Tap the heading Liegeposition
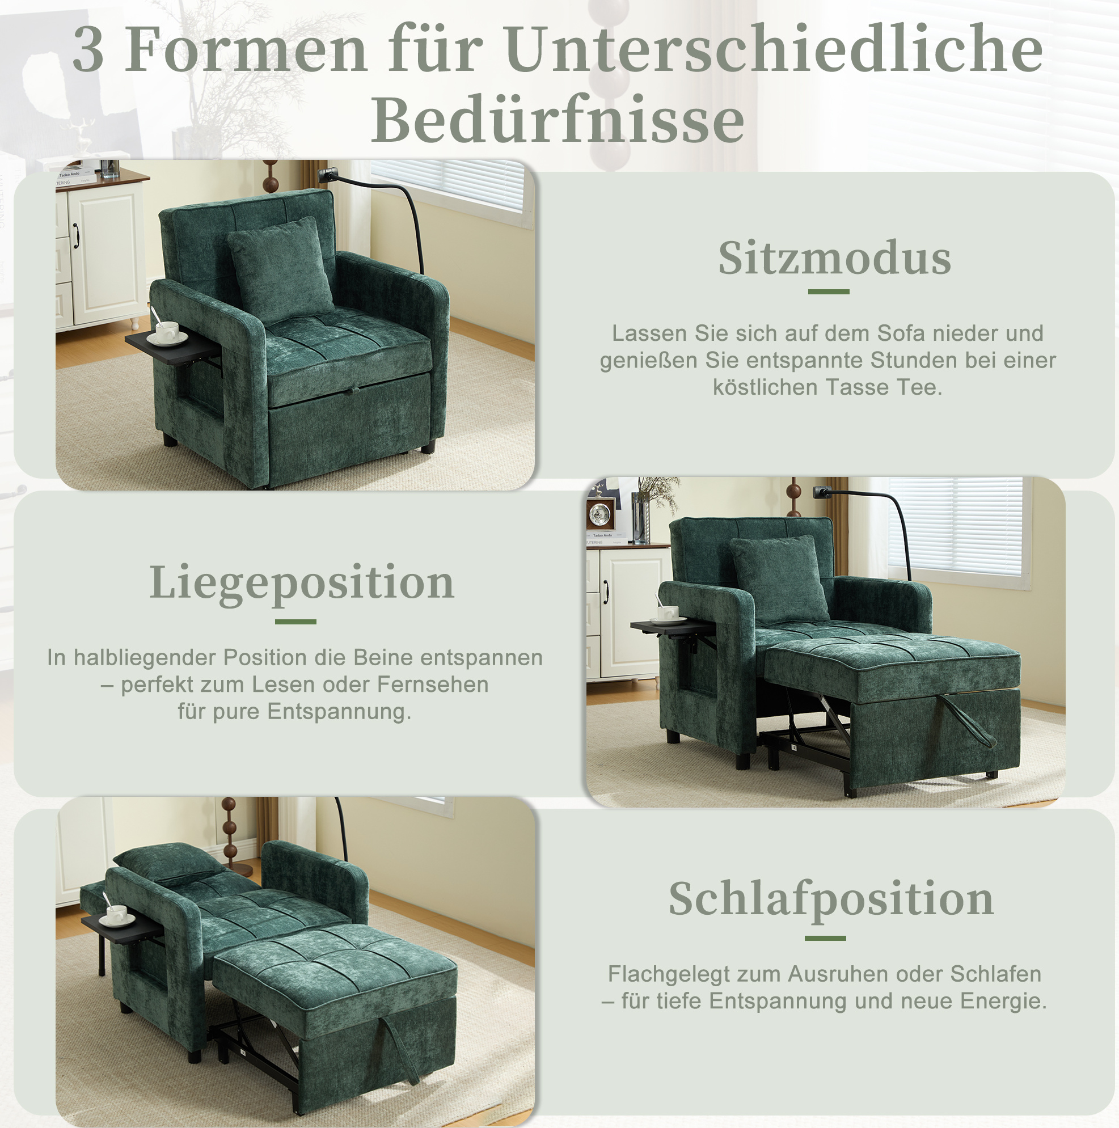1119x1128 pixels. coord(302,583)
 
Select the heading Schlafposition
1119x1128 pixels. coord(831,899)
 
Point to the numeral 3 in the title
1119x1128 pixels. coord(89,50)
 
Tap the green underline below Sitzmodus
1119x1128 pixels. coord(829,291)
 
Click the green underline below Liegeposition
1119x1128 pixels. coord(295,622)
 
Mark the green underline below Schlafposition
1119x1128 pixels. coord(825,938)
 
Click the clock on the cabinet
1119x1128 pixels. coord(601,514)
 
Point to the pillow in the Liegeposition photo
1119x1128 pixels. coord(780,578)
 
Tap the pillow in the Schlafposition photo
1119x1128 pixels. coord(168,860)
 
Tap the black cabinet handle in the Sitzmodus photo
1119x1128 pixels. coord(76,235)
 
